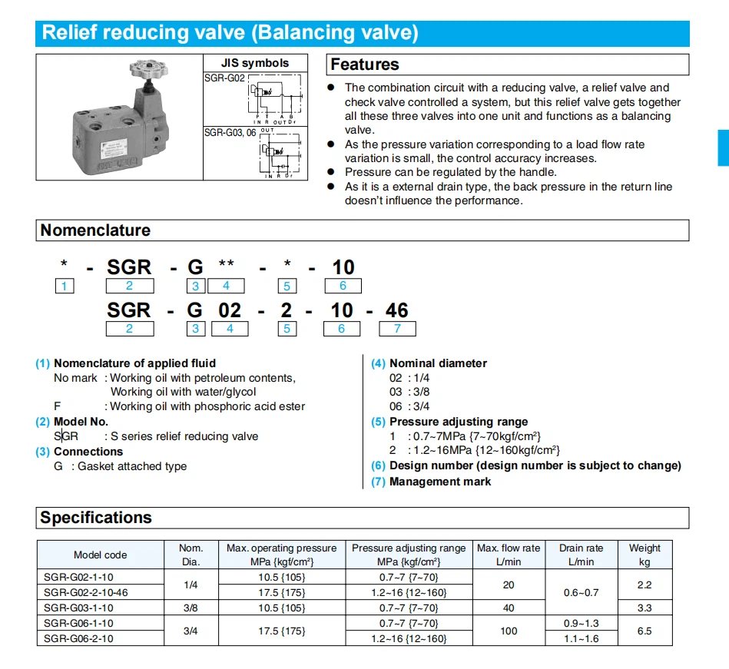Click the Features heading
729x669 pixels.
(x=365, y=65)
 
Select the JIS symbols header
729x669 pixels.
(x=255, y=63)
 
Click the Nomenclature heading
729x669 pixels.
(x=95, y=230)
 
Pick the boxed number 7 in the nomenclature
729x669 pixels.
(x=398, y=329)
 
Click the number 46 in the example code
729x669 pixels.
(x=397, y=310)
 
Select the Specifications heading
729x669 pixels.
(x=96, y=518)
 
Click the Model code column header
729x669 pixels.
(x=101, y=555)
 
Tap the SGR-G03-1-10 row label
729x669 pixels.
(x=78, y=608)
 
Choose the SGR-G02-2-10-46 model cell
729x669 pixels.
(x=86, y=592)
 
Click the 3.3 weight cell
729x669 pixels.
(x=645, y=608)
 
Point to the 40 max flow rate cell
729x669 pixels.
(x=508, y=608)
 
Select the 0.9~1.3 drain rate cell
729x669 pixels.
(x=581, y=623)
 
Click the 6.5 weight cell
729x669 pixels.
(x=645, y=631)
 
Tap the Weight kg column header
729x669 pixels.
(x=645, y=555)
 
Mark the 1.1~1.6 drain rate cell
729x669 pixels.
(x=581, y=638)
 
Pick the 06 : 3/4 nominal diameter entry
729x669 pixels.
(x=409, y=406)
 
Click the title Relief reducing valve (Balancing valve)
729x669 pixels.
(x=230, y=33)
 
